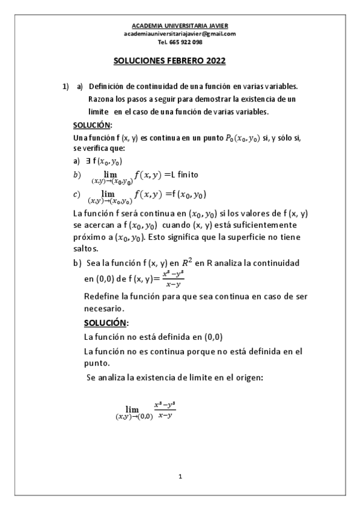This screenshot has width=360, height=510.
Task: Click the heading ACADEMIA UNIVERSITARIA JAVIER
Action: pos(180,26)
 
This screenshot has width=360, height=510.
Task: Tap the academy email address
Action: pos(180,34)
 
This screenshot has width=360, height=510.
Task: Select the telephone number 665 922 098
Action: pos(180,42)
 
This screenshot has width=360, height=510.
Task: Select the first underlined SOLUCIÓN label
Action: pos(92,125)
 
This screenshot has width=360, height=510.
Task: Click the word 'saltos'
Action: pos(84,248)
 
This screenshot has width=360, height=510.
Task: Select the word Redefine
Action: pos(102,296)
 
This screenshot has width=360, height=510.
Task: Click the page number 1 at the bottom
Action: pos(180,476)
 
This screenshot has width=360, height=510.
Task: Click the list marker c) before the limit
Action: pos(76,194)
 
